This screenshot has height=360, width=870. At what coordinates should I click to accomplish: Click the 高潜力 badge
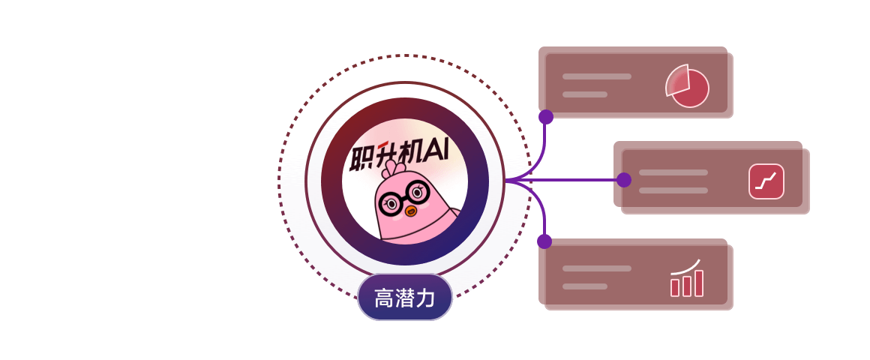coord(404,297)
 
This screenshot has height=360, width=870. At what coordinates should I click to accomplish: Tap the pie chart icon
coord(688,86)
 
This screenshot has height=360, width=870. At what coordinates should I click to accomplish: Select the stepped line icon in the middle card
coord(766,181)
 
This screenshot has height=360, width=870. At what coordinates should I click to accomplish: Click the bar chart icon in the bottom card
coord(687,278)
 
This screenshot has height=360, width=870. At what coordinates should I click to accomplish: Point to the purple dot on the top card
coord(546,117)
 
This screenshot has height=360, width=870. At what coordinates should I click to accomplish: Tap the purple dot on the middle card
coord(624,180)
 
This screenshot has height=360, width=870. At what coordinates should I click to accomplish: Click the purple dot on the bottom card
coord(544,241)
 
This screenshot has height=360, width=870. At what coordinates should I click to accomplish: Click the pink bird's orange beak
coord(410,211)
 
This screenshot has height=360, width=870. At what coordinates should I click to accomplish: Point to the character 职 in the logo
coord(362,158)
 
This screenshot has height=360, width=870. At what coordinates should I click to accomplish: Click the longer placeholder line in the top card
coord(596,76)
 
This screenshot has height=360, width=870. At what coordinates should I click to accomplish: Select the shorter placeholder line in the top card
coord(585,94)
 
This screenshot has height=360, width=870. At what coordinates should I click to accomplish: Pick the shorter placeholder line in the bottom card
coord(585,286)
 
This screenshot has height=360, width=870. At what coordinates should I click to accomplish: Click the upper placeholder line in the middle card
coord(673,172)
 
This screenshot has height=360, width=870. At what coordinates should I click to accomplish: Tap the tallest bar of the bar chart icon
coord(699,283)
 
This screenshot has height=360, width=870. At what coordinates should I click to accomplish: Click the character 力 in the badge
coord(425,298)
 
